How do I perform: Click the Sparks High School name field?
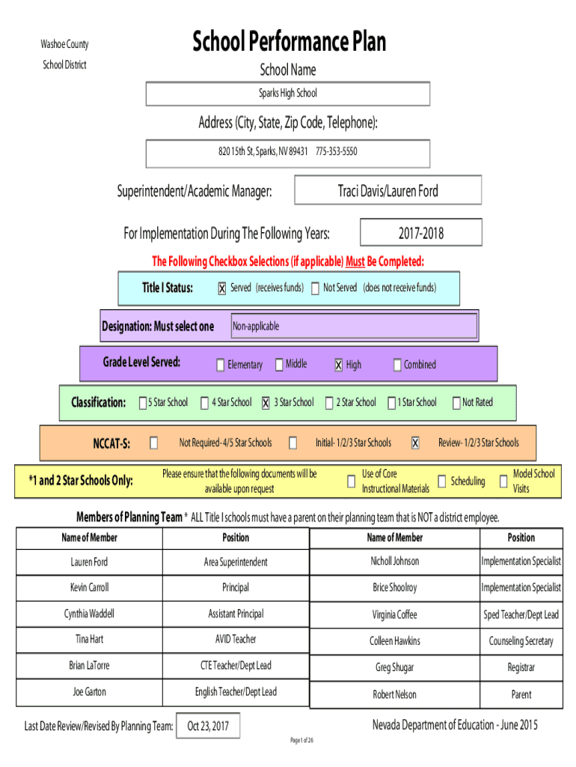(288, 94)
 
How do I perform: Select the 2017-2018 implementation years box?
(421, 232)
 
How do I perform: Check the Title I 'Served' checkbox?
(222, 288)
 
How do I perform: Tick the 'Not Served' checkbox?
(316, 288)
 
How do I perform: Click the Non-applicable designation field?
(354, 326)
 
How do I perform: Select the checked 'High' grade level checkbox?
(339, 365)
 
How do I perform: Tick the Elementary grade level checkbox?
(221, 365)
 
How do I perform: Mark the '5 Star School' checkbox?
(143, 402)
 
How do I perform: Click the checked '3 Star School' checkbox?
(266, 402)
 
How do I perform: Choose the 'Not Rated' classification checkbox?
(456, 402)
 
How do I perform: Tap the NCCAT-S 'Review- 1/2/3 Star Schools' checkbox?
(415, 443)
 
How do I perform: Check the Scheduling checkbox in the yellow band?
(441, 482)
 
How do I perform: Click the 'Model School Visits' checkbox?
(503, 482)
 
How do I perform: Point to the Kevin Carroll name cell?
(90, 587)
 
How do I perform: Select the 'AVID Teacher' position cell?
(236, 640)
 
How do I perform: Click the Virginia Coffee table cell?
(395, 615)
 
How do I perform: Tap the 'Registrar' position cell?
(521, 667)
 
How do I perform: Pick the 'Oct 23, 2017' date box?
(208, 726)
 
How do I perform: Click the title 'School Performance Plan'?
(289, 41)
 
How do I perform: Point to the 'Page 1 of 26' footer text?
(302, 740)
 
